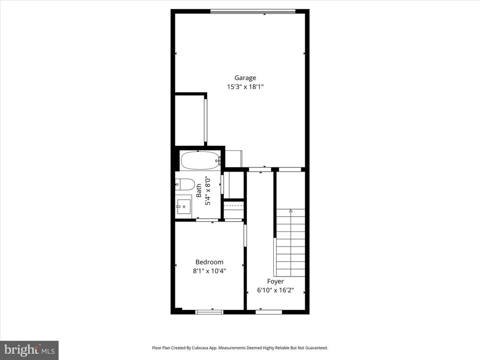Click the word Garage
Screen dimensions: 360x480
pos(246,78)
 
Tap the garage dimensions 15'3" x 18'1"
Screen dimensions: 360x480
pos(246,87)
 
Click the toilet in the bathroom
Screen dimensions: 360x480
pos(184,184)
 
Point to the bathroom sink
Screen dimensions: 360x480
pos(184,205)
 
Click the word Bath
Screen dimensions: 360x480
pos(199,189)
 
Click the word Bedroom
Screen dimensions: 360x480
pos(209,262)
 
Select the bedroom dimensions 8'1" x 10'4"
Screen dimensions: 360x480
pos(209,270)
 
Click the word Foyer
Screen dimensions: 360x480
pos(276,281)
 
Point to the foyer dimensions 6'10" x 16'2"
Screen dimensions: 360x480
pos(276,290)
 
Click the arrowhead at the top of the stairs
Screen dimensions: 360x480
pos(291,211)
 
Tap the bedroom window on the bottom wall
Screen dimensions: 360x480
pos(209,312)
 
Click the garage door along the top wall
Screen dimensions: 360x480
pos(253,11)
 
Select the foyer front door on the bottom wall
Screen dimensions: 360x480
pos(269,312)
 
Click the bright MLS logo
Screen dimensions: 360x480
pos(29,350)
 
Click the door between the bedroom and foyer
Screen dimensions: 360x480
pos(245,234)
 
